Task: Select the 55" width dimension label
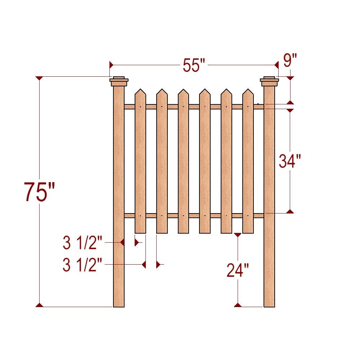(194, 66)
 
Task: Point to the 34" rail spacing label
(290, 161)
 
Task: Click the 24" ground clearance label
(238, 270)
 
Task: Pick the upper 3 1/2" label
(83, 244)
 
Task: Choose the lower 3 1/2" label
(83, 266)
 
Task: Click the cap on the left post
(119, 81)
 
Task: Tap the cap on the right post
(269, 81)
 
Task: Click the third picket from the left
(183, 162)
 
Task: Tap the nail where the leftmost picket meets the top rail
(140, 107)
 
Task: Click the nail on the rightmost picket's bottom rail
(248, 216)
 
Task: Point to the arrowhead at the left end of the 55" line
(111, 65)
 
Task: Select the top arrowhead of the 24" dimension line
(237, 235)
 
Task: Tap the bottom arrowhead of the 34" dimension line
(290, 211)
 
